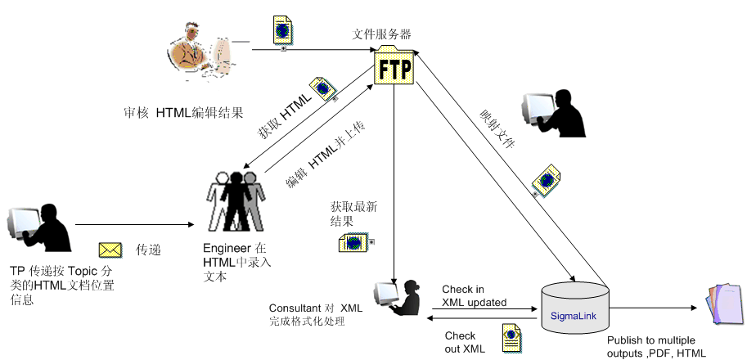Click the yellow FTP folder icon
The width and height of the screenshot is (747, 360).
click(394, 65)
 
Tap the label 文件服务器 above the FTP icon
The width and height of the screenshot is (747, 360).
click(381, 34)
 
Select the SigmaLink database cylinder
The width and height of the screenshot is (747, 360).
click(574, 307)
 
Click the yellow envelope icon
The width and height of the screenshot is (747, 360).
click(110, 249)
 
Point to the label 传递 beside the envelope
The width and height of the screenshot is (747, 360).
click(149, 249)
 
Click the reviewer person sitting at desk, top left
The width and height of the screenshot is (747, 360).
click(197, 52)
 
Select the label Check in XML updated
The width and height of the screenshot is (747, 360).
click(474, 295)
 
